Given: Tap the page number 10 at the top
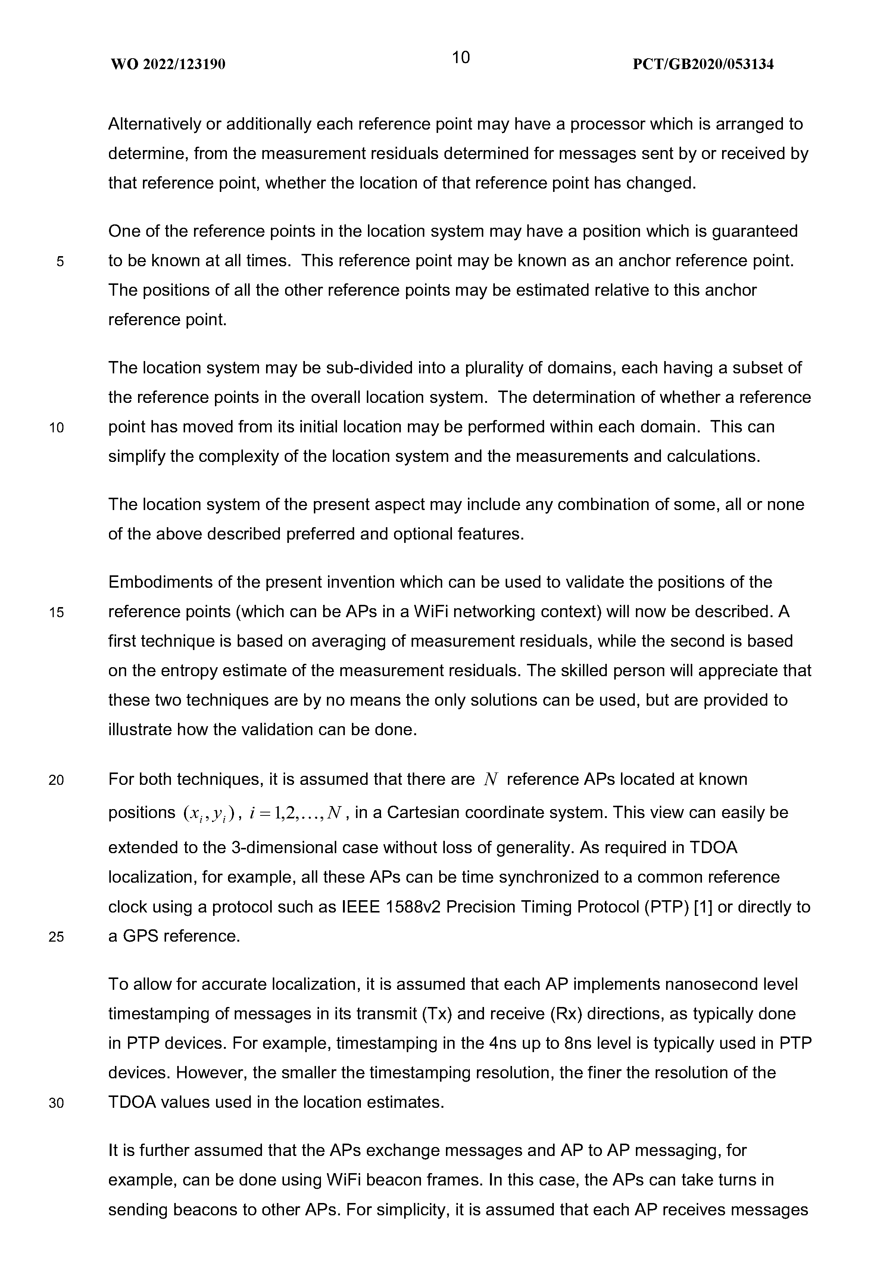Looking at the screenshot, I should point(461,57).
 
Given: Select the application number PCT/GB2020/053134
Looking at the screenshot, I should point(703,65).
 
